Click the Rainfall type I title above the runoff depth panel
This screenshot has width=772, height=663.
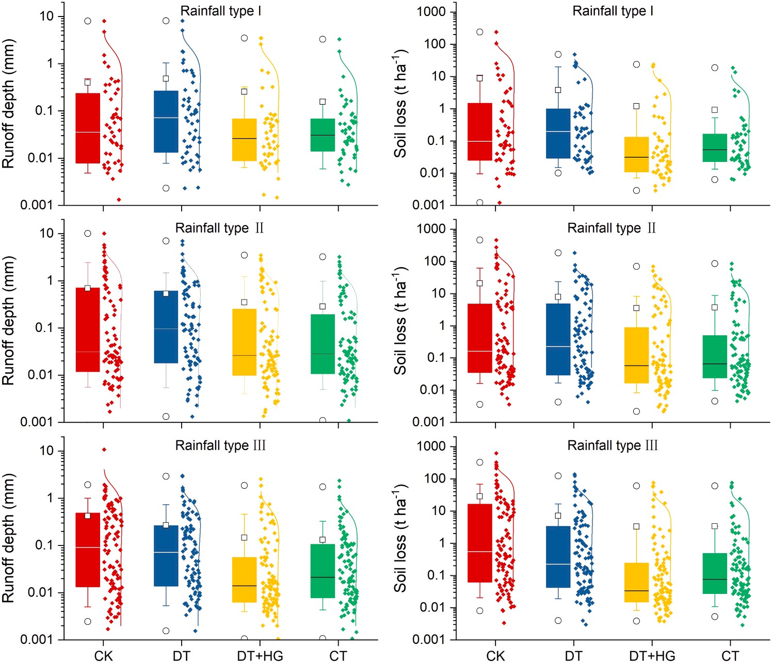pyautogui.click(x=220, y=11)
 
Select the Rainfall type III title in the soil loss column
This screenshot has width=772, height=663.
pyautogui.click(x=613, y=445)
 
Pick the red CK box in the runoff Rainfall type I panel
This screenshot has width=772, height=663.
pyautogui.click(x=88, y=128)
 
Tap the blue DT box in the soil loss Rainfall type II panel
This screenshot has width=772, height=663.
pyautogui.click(x=558, y=339)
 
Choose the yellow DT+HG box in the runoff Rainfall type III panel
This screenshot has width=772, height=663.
pyautogui.click(x=244, y=579)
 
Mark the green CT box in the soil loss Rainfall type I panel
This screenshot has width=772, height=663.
pyautogui.click(x=715, y=148)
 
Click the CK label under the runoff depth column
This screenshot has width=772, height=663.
pyautogui.click(x=103, y=656)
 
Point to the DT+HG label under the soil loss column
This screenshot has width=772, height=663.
pyautogui.click(x=652, y=656)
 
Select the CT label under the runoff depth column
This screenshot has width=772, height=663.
pyautogui.click(x=338, y=656)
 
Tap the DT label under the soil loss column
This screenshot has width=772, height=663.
pyautogui.click(x=573, y=656)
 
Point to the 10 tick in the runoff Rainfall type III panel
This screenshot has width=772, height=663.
pyautogui.click(x=46, y=451)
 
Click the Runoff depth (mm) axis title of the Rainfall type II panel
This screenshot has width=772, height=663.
pyautogui.click(x=9, y=321)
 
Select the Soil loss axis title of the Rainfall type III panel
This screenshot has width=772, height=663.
pyautogui.click(x=400, y=538)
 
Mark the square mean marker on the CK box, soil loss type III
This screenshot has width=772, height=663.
pyautogui.click(x=479, y=496)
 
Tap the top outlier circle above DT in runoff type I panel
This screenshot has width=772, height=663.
pyautogui.click(x=166, y=21)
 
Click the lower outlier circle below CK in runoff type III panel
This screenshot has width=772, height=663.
pyautogui.click(x=88, y=622)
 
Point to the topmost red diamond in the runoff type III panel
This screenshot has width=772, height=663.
pyautogui.click(x=104, y=450)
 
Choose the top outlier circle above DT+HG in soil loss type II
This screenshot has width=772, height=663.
pyautogui.click(x=636, y=267)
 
